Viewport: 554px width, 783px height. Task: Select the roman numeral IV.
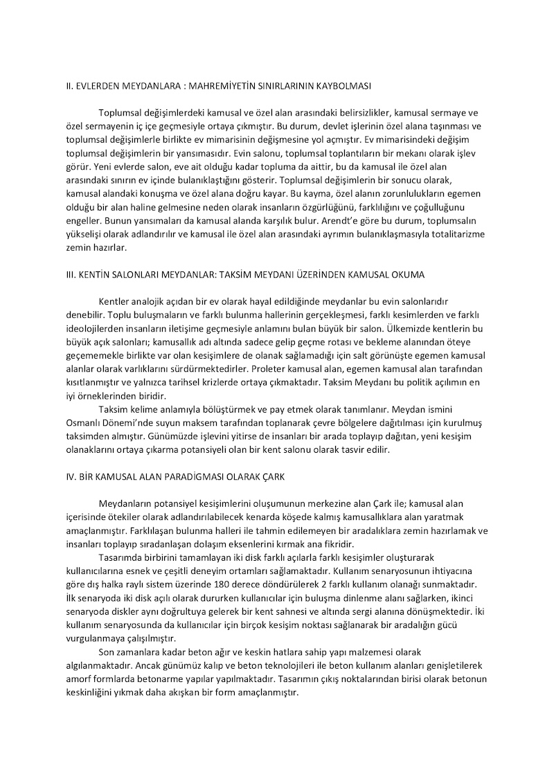(x=61, y=477)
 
